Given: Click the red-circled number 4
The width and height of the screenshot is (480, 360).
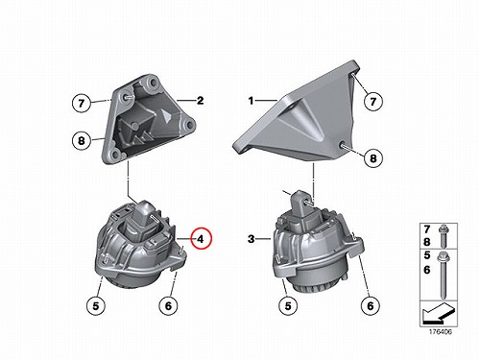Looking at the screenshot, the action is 201,238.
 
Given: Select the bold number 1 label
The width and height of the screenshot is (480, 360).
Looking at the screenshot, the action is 251,101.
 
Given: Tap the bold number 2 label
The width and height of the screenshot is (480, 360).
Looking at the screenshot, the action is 200,101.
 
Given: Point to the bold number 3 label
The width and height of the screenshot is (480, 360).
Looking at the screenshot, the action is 252,238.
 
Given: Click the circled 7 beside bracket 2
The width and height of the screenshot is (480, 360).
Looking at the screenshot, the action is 81,103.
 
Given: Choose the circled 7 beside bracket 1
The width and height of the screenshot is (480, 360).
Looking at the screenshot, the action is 373,102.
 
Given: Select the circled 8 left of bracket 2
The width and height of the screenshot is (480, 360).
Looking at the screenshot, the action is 82,140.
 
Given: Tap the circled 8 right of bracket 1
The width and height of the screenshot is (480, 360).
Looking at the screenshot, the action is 373,157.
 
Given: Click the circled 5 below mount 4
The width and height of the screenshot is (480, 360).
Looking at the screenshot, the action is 96,306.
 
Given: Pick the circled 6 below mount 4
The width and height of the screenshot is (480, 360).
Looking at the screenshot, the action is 169,306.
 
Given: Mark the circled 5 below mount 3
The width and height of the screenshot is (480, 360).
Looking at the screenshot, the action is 288,305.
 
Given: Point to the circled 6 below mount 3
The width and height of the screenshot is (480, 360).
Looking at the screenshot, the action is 371,305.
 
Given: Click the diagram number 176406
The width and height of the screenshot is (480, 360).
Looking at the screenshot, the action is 441,332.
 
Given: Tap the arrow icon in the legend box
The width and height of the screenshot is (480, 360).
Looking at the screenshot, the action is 437,314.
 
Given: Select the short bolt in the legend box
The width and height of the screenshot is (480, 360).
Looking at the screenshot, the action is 444,237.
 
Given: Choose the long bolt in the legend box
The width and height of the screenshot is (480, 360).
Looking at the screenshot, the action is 444,276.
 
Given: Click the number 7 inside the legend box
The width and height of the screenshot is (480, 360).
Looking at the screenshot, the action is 427,229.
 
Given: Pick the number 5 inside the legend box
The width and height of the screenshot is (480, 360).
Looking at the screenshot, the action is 427,255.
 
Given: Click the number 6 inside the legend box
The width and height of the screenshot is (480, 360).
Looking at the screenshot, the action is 427,270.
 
